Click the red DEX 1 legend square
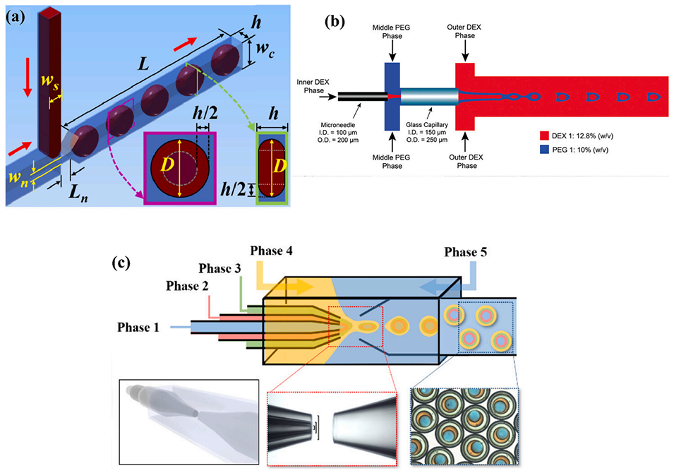pyautogui.click(x=543, y=133)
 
